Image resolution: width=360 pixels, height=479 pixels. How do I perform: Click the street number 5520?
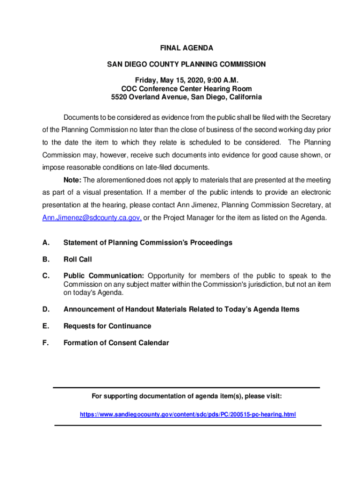[119, 97]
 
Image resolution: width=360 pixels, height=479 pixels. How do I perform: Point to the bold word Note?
[72, 180]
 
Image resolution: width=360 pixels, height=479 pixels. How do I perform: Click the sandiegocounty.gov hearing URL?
[187, 414]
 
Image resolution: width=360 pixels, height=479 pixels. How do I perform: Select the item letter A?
[45, 243]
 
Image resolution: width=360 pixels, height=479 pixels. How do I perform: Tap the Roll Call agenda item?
[78, 260]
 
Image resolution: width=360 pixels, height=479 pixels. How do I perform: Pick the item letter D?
[45, 310]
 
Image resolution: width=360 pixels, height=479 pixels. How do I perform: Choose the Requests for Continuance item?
[107, 326]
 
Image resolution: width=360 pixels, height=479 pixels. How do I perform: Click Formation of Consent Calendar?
[116, 343]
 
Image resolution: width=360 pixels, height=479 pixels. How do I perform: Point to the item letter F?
[45, 343]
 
